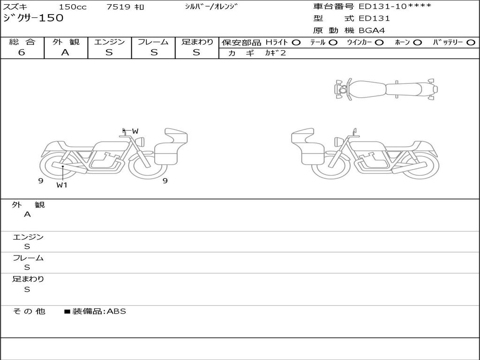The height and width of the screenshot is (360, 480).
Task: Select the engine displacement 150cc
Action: pyautogui.click(x=73, y=7)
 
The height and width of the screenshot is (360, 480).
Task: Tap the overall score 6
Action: pyautogui.click(x=22, y=52)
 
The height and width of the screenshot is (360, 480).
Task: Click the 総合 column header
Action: pyautogui.click(x=22, y=42)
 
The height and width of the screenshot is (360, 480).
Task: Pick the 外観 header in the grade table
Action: pyautogui.click(x=66, y=42)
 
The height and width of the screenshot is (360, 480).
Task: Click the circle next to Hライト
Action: pyautogui.click(x=296, y=43)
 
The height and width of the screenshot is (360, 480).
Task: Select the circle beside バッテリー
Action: pyautogui.click(x=471, y=43)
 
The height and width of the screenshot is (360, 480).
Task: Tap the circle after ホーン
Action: pyautogui.click(x=417, y=43)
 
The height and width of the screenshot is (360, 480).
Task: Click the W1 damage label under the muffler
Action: pyautogui.click(x=62, y=185)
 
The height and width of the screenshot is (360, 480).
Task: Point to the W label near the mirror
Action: pyautogui.click(x=135, y=131)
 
